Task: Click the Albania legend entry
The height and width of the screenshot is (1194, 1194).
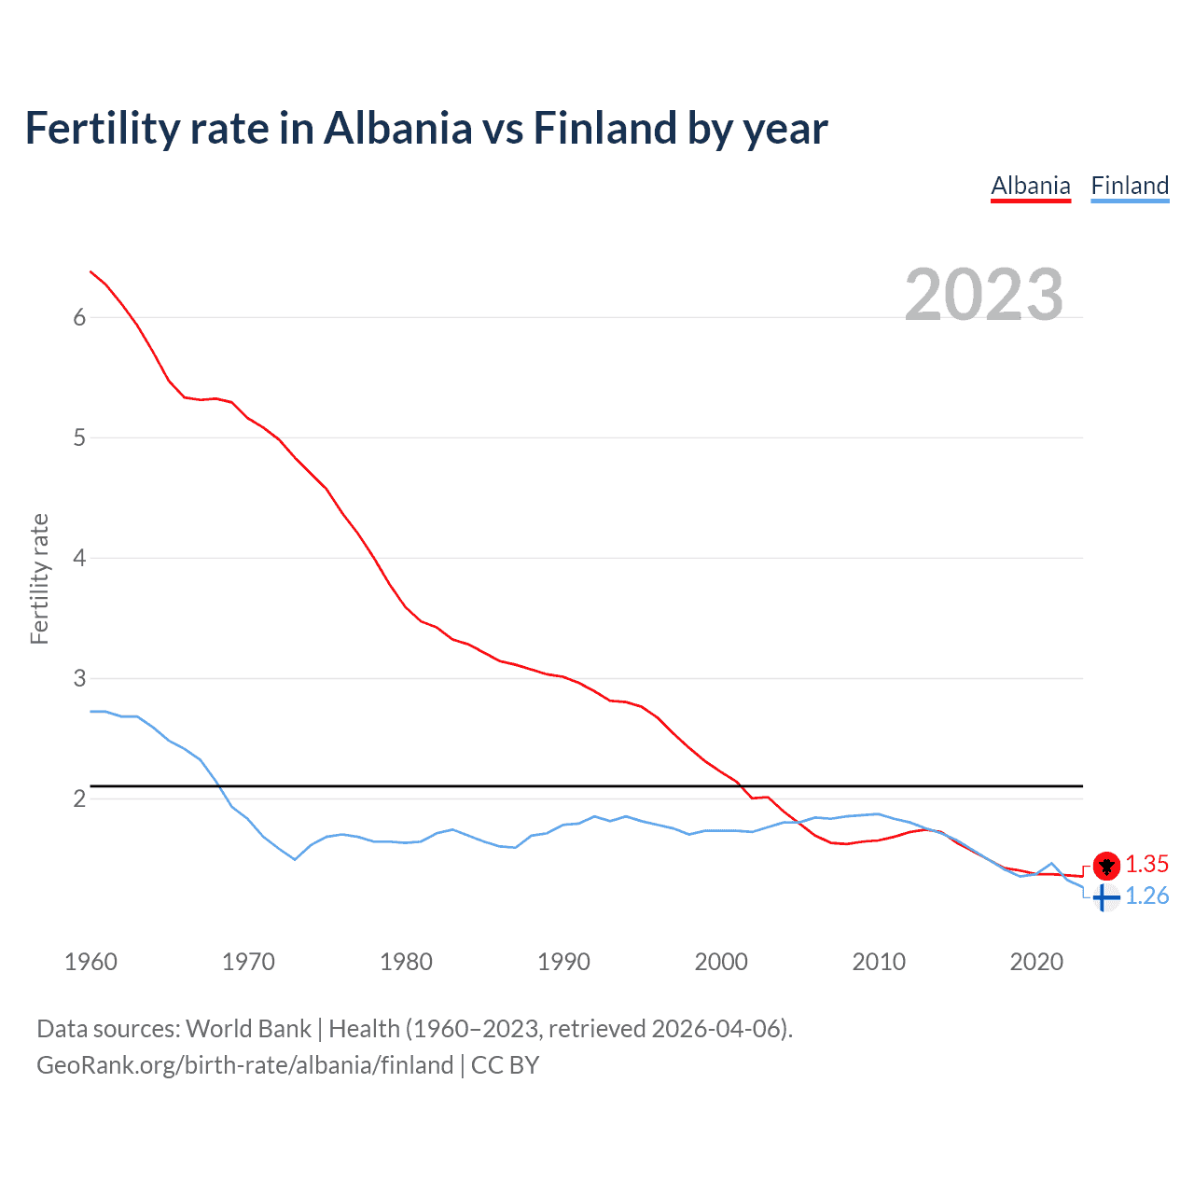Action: tap(1030, 186)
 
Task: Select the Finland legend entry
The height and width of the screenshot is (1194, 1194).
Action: tap(1130, 186)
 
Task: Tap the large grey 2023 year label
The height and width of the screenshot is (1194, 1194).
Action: tap(984, 295)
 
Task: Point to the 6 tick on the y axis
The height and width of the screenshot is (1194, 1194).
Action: tap(79, 317)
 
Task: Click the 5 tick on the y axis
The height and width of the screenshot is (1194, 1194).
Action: tap(79, 437)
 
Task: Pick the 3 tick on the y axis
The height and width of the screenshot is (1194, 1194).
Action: tap(79, 678)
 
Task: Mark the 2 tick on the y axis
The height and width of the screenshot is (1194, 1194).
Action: tap(79, 798)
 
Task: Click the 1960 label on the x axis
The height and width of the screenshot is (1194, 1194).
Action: tap(90, 962)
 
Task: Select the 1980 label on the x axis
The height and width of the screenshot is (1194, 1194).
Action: tap(406, 962)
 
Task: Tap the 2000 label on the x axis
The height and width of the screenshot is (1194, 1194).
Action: tap(721, 962)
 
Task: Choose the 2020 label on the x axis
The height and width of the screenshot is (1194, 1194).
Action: tap(1036, 962)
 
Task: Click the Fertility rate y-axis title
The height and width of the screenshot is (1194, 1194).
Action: tap(39, 578)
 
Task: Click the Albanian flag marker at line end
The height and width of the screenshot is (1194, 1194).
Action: tap(1106, 866)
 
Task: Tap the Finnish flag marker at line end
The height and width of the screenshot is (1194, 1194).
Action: tap(1104, 897)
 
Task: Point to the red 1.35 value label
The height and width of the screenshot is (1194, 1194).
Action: tap(1146, 864)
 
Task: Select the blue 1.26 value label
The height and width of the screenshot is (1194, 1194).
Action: tap(1146, 896)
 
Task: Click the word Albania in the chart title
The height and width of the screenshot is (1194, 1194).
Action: tap(397, 129)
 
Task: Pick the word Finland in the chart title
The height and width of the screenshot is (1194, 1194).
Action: tap(604, 129)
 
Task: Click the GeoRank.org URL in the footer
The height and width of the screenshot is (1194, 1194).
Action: tap(244, 1065)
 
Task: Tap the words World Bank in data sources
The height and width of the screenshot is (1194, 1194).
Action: tap(248, 1029)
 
